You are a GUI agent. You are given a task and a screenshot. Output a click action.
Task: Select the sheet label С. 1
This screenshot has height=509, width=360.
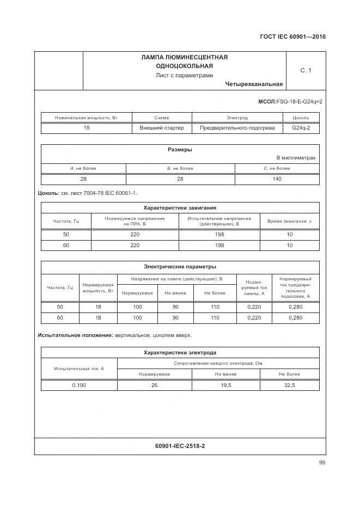point(306,70)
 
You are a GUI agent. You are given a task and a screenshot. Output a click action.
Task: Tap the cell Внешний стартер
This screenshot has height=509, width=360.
point(162,128)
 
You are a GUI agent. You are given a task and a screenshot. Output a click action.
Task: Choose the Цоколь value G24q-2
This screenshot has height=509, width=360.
point(301,128)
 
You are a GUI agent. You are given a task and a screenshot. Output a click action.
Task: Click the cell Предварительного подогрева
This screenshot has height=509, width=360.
point(237,128)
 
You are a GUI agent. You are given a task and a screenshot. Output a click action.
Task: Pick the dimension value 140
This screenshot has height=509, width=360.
point(277,179)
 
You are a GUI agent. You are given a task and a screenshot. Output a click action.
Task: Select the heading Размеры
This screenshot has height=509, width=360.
point(179,150)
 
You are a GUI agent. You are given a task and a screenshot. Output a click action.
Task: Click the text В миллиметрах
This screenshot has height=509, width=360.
point(296,158)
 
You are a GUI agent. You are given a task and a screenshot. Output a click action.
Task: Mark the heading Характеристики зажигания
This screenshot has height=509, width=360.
point(180,207)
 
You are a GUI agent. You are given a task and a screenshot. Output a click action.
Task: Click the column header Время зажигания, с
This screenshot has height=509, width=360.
point(289,220)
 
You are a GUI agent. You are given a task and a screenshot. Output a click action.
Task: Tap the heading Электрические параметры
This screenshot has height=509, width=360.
point(180,267)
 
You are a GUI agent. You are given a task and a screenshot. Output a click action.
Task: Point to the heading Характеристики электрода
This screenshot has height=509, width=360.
point(180,353)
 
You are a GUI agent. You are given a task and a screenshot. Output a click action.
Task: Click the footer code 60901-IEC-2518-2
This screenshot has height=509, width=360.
point(180,446)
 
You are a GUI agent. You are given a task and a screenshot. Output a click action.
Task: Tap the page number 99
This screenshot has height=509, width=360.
point(322,463)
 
